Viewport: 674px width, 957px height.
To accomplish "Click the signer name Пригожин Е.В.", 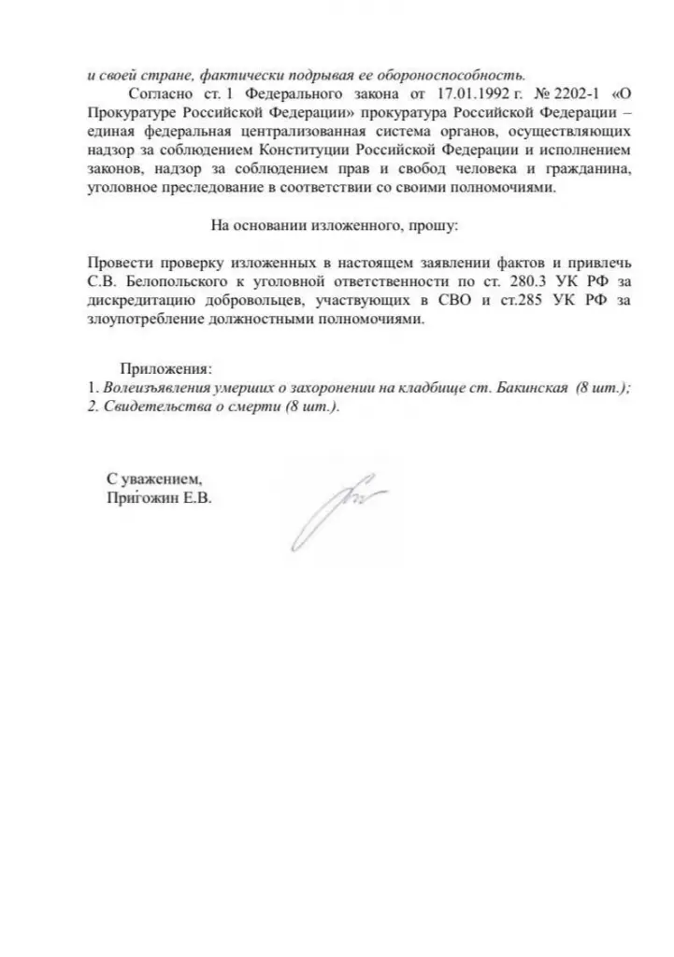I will tap(160, 500).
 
